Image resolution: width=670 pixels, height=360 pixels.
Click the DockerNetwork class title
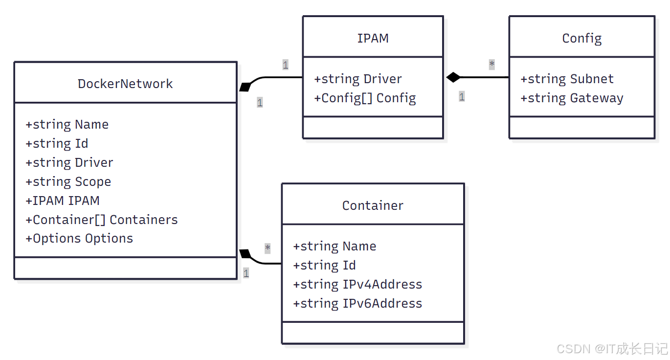(x=125, y=84)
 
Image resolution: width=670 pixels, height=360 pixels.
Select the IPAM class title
(x=373, y=38)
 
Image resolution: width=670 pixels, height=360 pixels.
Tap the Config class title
(x=581, y=38)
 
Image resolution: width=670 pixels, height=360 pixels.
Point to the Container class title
(x=373, y=205)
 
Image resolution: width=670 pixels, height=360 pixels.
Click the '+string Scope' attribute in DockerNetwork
(x=68, y=181)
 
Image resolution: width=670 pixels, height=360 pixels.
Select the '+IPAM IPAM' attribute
(x=63, y=201)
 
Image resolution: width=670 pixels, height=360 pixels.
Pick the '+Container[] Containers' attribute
(x=102, y=220)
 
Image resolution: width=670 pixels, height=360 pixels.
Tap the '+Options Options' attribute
(x=79, y=238)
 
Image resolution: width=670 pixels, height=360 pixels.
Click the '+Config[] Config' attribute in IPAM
(x=365, y=98)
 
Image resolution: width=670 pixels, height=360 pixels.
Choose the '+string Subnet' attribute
(x=567, y=79)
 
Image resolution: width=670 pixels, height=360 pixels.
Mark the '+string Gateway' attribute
(x=572, y=98)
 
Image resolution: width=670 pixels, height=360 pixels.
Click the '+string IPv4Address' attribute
(x=357, y=284)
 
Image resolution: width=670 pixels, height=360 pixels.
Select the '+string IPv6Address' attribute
(x=357, y=303)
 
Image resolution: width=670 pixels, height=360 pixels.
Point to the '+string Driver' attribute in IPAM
(x=358, y=79)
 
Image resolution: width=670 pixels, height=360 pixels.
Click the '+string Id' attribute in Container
(x=324, y=265)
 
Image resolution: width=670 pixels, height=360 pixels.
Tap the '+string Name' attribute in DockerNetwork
(x=67, y=124)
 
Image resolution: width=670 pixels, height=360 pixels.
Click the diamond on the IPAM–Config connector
(x=453, y=77)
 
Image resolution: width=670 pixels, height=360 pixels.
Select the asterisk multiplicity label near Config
(x=491, y=64)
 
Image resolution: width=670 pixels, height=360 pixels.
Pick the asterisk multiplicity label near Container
(x=268, y=248)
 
